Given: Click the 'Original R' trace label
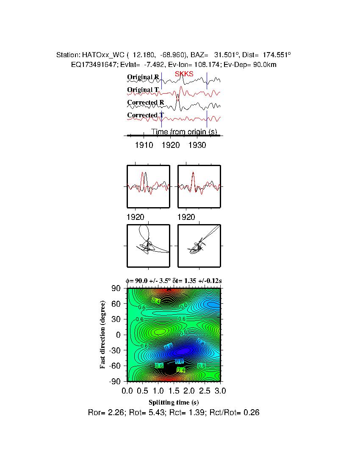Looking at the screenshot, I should coord(143,77).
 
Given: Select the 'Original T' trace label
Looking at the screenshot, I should coord(143,90).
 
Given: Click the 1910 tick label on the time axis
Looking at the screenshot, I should coord(144,145).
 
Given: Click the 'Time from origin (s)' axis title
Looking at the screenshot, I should coord(184,132).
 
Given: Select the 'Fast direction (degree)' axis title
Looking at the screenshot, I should coord(102,335).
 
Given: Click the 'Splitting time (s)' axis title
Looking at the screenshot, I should coord(174,402).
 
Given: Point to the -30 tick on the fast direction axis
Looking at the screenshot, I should coord(116,350).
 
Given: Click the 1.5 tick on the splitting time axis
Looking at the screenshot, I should coord(174,390).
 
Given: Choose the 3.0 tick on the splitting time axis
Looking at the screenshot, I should coord(220,390).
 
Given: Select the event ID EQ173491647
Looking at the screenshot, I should coord(91,64).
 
